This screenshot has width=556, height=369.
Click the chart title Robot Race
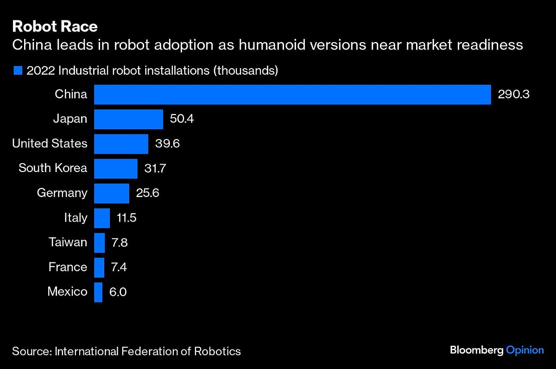click(x=55, y=26)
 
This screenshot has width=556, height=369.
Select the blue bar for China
click(x=292, y=95)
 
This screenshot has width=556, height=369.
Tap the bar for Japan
click(x=128, y=119)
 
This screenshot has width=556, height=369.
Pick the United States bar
click(x=121, y=144)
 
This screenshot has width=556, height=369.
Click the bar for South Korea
click(x=115, y=168)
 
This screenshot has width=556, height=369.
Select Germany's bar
click(x=111, y=193)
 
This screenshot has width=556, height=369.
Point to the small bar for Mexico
click(x=98, y=292)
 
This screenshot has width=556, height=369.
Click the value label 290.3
click(x=513, y=95)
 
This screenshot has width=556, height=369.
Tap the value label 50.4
click(x=182, y=119)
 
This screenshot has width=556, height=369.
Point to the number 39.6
click(x=167, y=144)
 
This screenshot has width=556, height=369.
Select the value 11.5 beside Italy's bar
click(x=126, y=218)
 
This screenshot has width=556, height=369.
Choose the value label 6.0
click(x=118, y=292)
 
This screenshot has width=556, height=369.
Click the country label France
click(x=68, y=267)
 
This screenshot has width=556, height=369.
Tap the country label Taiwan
click(x=68, y=242)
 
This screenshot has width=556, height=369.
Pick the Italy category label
click(x=76, y=218)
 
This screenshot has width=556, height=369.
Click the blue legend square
click(x=18, y=71)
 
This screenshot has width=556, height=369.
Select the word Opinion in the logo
click(x=525, y=350)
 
